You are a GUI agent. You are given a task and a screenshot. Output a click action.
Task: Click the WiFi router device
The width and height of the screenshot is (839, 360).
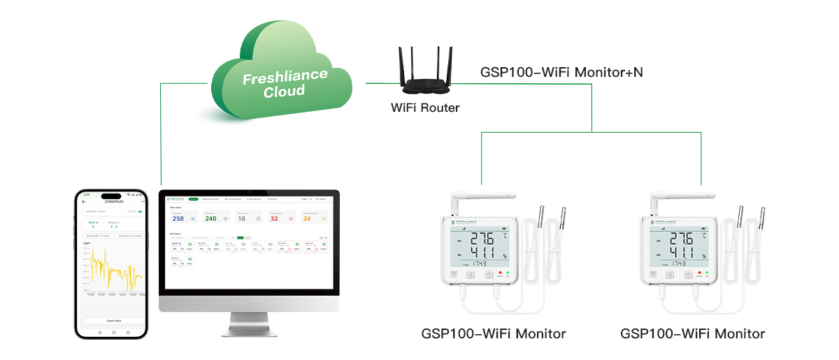[425, 82]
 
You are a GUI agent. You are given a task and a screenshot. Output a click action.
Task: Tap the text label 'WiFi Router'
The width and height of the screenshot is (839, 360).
[425, 108]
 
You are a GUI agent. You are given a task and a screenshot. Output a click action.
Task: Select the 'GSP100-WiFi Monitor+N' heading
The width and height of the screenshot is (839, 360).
[561, 72]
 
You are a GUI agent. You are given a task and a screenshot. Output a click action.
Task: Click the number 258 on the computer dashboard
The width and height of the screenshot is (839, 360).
[178, 219]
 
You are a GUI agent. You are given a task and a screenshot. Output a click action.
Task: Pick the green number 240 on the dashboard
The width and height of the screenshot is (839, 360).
[210, 219]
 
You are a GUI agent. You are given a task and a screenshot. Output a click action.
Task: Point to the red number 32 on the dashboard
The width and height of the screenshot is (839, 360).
[274, 219]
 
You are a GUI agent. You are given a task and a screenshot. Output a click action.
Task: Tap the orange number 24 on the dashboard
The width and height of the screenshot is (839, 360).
[306, 219]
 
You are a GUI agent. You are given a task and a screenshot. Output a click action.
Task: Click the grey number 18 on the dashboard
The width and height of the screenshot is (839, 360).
[242, 219]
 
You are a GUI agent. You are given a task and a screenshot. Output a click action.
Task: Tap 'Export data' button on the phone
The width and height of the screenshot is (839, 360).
[113, 320]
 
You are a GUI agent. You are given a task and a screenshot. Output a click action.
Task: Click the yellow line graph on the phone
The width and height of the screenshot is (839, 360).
[112, 273]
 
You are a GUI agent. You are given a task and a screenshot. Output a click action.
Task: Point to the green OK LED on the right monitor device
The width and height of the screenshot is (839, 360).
[707, 273]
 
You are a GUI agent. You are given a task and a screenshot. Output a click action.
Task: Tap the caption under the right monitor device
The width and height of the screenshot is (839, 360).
[692, 333]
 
